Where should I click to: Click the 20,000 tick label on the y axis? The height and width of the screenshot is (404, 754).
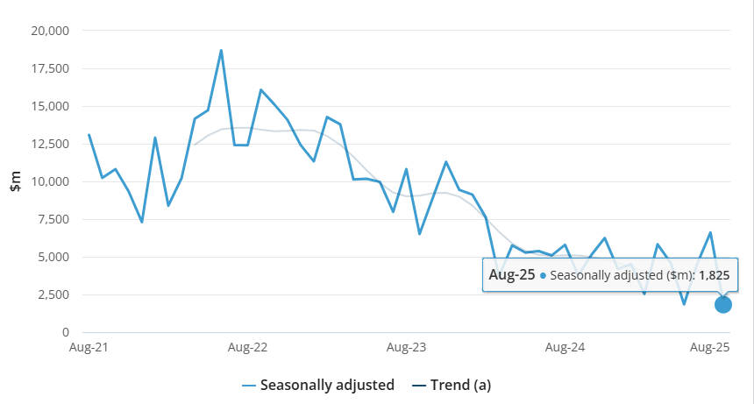[x=51, y=31]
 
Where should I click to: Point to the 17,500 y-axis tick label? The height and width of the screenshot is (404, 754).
[x=51, y=68]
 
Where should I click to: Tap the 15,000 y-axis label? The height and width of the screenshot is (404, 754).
[x=51, y=107]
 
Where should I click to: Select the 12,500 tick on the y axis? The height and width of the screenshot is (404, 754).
[x=51, y=145]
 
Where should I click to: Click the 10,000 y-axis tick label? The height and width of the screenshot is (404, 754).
[x=51, y=182]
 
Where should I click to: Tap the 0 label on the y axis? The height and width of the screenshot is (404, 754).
[x=64, y=333]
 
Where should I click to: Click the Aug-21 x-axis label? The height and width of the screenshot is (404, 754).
[x=89, y=348]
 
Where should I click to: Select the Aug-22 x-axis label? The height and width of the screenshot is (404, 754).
[x=247, y=348]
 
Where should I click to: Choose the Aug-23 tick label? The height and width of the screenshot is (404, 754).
[x=406, y=348]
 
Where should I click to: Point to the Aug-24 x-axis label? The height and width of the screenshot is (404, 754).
[x=565, y=348]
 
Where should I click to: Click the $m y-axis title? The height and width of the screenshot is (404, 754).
[x=16, y=182]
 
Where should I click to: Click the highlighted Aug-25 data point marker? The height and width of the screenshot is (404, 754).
[x=723, y=304]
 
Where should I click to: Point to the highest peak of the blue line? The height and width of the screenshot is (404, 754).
[x=221, y=50]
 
